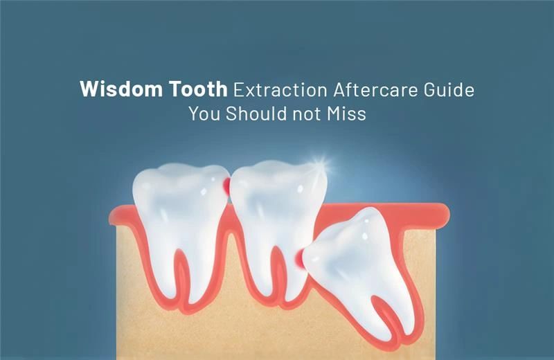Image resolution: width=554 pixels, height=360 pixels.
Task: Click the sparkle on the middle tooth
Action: (320, 164)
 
